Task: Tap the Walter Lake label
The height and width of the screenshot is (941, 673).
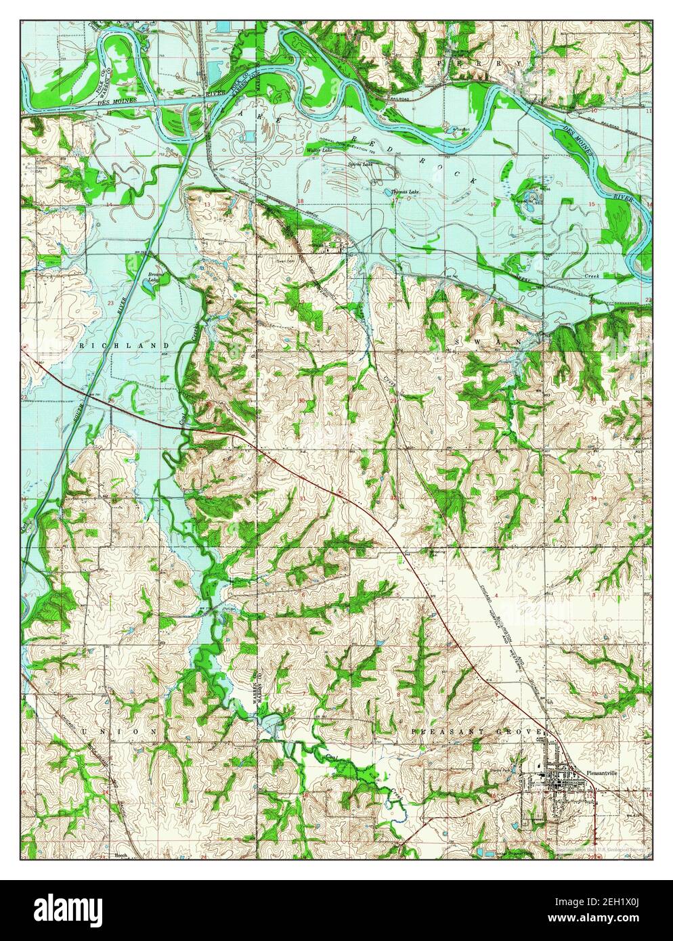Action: (320, 150)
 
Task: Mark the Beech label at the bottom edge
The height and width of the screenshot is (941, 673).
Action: (102, 856)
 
